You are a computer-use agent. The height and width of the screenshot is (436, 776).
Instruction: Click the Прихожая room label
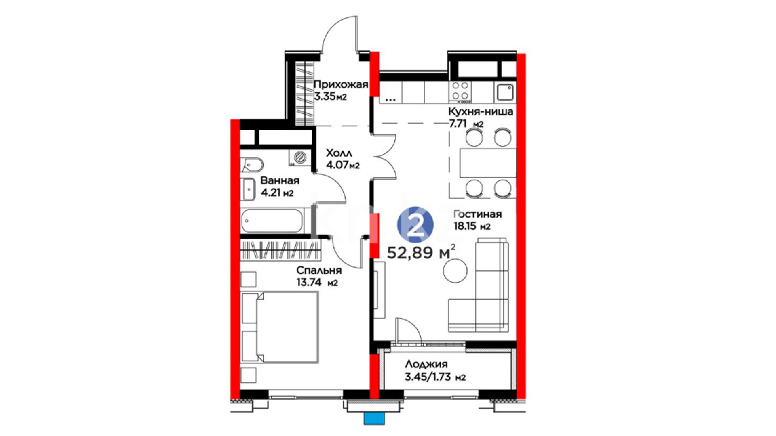point(341,84)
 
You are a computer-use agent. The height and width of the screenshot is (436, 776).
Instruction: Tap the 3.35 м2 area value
point(331,96)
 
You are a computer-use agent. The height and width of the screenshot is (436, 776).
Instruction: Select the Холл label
point(339,153)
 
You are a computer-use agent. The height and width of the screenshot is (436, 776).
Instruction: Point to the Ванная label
point(280,180)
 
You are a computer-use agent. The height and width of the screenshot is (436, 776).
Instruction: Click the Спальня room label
point(319,270)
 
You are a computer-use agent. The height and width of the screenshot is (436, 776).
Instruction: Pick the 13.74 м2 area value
point(317,282)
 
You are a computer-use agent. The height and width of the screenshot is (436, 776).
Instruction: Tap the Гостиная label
point(477,214)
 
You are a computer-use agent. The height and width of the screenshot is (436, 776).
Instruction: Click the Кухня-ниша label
point(481,111)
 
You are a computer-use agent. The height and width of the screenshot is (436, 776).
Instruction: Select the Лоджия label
point(426,364)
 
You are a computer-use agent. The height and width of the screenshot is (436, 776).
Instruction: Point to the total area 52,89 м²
point(422,252)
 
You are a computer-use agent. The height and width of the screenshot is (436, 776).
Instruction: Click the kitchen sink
point(505,92)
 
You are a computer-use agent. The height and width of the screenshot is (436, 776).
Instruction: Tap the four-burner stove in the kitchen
point(460,91)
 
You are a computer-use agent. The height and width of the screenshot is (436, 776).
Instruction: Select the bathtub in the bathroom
point(272,220)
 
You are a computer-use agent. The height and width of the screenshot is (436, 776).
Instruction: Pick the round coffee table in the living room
point(455,270)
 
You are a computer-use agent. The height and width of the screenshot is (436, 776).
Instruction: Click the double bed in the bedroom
point(280,327)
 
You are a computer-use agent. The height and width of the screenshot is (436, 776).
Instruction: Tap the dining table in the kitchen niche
point(488,163)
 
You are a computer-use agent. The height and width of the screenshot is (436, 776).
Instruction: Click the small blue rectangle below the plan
point(375,419)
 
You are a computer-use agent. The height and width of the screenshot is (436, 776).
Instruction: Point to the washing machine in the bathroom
point(300,157)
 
